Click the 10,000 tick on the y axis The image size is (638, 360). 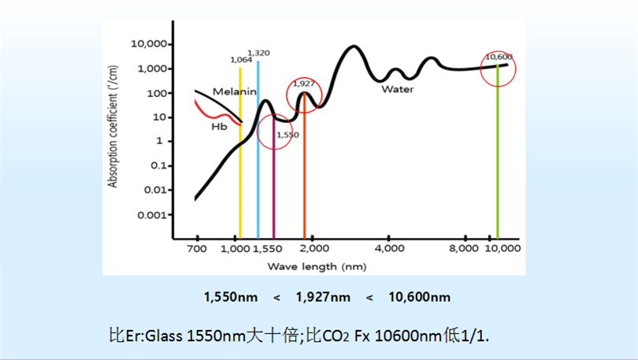(145, 43)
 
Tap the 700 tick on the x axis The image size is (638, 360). (196, 249)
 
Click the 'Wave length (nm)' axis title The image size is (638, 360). (316, 266)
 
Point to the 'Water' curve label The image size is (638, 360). (398, 89)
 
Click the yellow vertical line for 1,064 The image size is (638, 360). (240, 158)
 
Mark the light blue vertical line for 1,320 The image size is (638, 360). (258, 158)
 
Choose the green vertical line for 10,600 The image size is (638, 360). (497, 158)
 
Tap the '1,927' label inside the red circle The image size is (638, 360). (304, 83)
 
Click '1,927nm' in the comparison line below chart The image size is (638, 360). (323, 297)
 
